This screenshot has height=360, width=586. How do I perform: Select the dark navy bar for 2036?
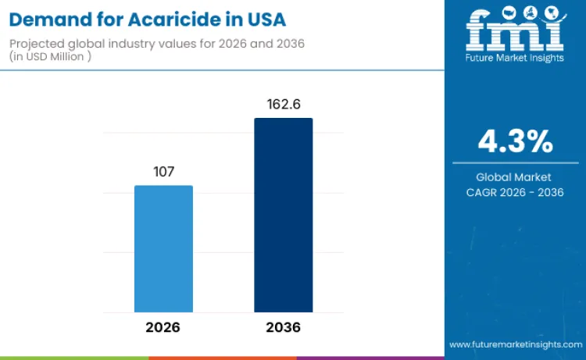click(x=283, y=215)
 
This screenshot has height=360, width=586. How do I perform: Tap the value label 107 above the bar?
click(x=163, y=171)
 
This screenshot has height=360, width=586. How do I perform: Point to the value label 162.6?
click(x=283, y=104)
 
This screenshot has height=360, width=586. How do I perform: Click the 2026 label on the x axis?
click(x=163, y=326)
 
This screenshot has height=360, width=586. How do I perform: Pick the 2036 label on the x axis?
click(x=283, y=326)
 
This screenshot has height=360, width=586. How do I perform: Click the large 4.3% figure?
click(x=515, y=142)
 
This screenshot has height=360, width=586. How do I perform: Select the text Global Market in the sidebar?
click(x=515, y=177)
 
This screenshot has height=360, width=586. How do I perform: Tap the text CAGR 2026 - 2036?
click(x=515, y=192)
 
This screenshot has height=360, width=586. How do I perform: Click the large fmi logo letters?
click(x=515, y=30)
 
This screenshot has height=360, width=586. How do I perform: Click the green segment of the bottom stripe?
click(x=74, y=358)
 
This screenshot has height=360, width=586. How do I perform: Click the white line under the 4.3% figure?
click(x=515, y=163)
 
